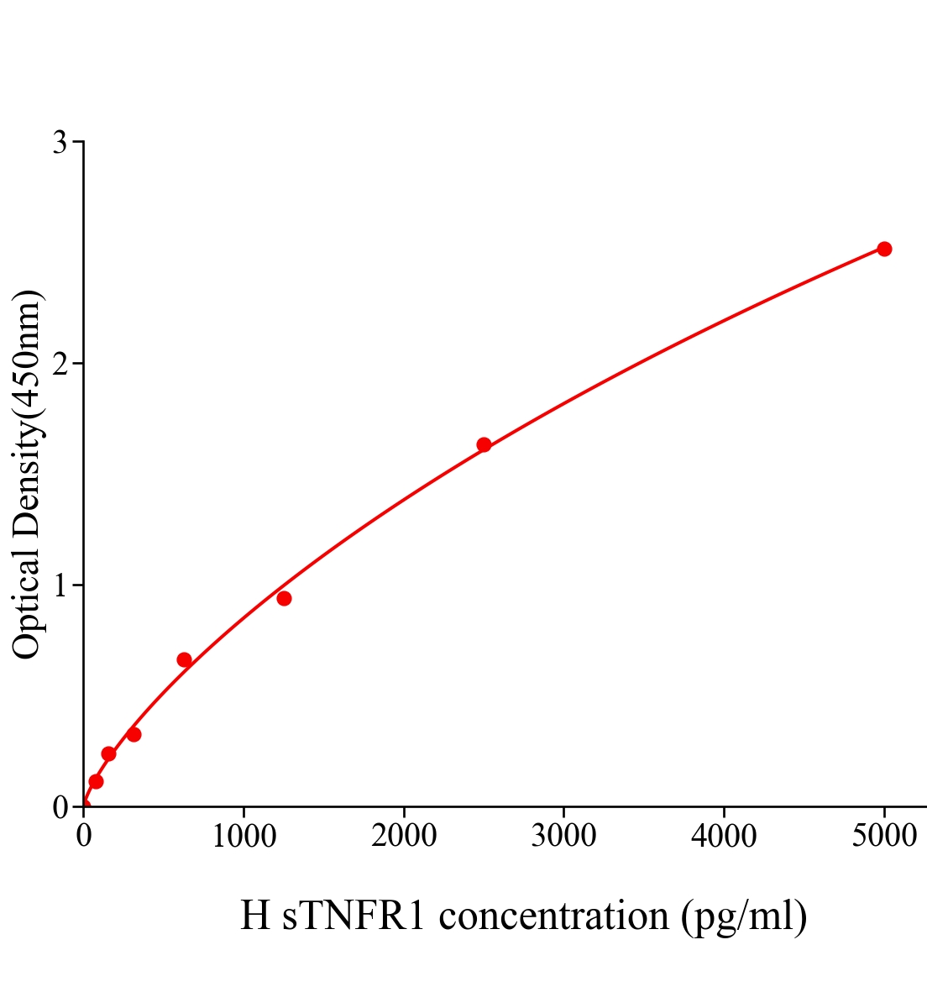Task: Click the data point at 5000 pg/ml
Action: [x=883, y=249]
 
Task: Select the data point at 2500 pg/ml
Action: [x=484, y=444]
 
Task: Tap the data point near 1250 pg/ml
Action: [x=284, y=598]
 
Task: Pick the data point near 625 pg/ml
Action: [x=184, y=659]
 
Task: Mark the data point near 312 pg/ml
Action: [x=134, y=734]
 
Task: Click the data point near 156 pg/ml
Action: [x=108, y=753]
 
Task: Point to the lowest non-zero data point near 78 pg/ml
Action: [x=96, y=781]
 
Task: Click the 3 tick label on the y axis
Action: [x=60, y=143]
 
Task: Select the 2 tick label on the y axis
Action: [x=60, y=364]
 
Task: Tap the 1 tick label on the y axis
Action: [x=60, y=585]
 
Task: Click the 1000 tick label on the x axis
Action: [x=244, y=837]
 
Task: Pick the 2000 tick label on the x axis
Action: [x=404, y=837]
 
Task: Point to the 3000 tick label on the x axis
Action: [x=563, y=837]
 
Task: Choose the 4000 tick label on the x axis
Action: [x=724, y=837]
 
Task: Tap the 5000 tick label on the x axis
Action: [x=883, y=837]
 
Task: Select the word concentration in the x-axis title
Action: [x=553, y=916]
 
